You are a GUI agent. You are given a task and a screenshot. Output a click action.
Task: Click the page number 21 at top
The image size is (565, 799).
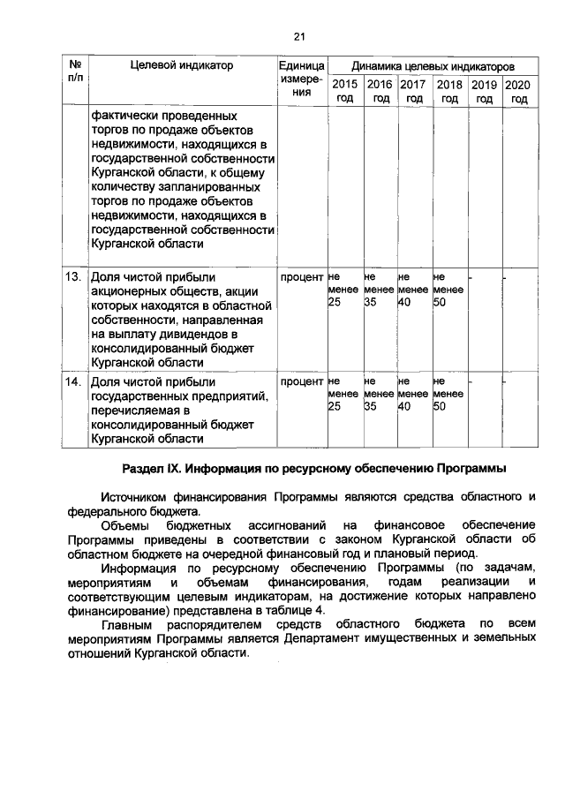(x=298, y=36)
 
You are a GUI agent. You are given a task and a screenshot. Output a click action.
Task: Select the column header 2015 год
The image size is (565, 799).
(x=344, y=91)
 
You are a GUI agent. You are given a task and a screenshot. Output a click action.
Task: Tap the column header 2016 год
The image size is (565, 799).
(x=380, y=91)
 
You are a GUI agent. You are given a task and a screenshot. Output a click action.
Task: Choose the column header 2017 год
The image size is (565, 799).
(x=413, y=91)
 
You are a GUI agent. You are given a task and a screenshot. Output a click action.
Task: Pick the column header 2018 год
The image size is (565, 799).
(x=449, y=91)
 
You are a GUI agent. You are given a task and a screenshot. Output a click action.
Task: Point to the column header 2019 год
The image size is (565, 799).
(x=484, y=91)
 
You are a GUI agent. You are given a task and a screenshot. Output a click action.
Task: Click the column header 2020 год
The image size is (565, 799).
(x=519, y=91)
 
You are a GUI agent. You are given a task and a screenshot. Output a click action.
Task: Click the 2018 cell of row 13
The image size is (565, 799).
(x=448, y=290)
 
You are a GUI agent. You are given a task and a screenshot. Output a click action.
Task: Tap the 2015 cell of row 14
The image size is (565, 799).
(x=343, y=395)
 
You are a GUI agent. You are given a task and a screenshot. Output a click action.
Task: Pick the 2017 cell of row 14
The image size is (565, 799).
(x=412, y=395)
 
